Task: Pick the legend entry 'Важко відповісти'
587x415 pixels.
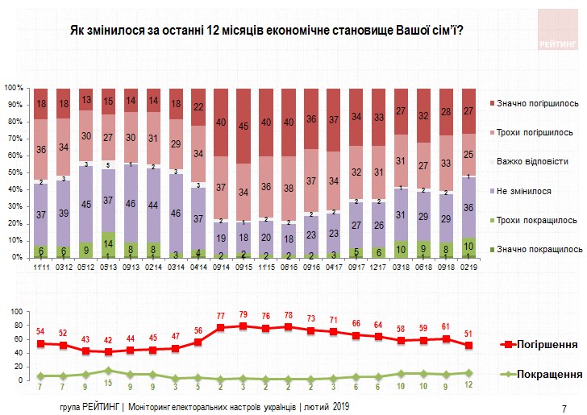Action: click(531, 160)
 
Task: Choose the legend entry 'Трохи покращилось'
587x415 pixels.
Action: click(535, 219)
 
